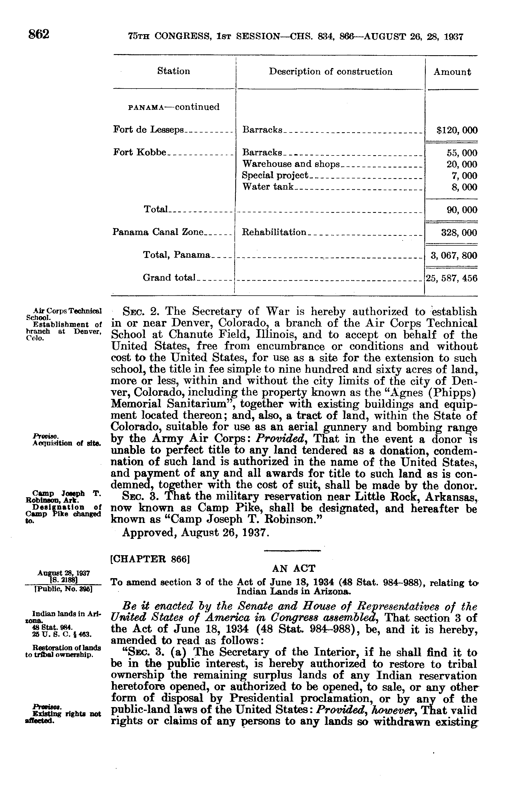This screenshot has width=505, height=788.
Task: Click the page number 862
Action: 39,34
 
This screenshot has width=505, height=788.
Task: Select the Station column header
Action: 174,71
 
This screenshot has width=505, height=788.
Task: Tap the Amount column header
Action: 452,72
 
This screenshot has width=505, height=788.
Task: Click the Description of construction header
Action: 331,72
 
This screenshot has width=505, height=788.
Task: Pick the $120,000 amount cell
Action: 457,130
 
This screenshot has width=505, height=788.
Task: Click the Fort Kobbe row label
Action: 140,152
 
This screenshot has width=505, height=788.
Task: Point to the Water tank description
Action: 268,187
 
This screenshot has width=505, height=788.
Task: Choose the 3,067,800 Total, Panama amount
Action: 454,255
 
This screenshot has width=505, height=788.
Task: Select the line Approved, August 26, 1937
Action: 196,532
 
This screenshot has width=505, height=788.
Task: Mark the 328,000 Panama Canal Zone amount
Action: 459,233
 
